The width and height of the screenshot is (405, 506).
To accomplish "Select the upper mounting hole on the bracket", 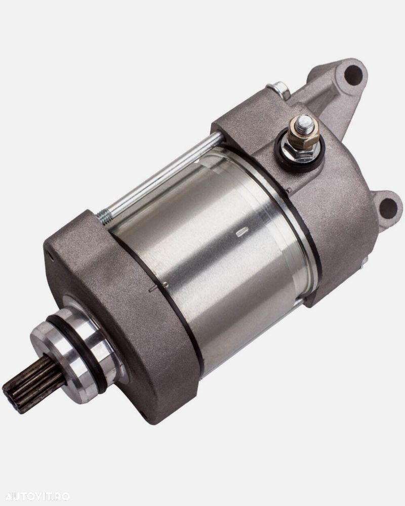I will coord(353,74).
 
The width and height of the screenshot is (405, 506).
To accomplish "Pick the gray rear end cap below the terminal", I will coord(334,213).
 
